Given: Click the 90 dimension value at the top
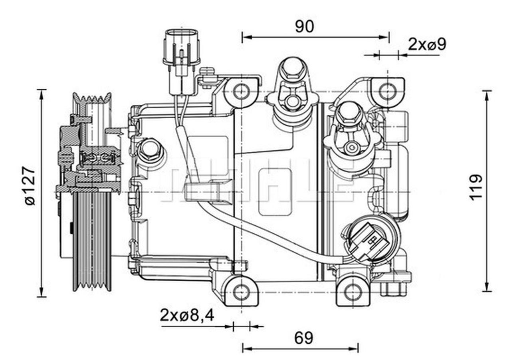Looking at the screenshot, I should [305, 26].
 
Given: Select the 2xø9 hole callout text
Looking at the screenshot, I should [427, 44].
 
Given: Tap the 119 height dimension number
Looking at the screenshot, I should [475, 187].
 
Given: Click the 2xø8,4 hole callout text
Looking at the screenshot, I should [187, 315].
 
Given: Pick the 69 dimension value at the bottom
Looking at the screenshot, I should [304, 338].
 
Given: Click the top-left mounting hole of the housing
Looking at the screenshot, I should [241, 91].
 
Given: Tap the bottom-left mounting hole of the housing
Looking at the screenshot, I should [241, 292].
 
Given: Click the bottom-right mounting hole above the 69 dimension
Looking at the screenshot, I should [353, 292].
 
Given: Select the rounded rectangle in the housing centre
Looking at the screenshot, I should [275, 192].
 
